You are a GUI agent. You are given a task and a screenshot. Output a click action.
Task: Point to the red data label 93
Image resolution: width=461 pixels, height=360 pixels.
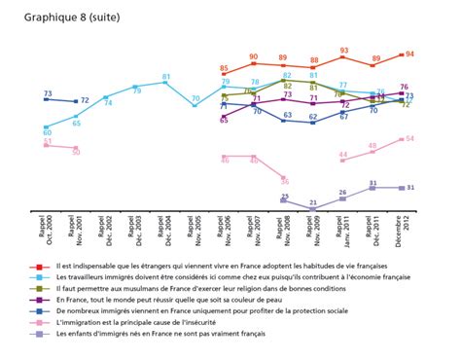tap(344, 50)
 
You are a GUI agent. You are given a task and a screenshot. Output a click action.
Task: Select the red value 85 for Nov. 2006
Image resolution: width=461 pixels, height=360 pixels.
tap(224, 69)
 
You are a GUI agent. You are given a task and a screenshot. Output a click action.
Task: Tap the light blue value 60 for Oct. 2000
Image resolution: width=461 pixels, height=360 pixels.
tap(47, 132)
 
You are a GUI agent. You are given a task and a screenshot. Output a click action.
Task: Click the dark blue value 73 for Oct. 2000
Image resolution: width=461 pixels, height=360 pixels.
tap(47, 94)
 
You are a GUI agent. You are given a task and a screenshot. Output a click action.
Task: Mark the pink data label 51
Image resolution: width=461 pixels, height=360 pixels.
tap(47, 143)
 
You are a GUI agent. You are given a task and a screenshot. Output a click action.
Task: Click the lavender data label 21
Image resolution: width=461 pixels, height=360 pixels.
tap(313, 203)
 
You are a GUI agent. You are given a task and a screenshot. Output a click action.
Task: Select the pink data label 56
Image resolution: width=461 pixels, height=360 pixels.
tap(284, 179)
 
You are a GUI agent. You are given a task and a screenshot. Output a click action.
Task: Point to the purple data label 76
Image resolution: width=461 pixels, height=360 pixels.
tap(405, 88)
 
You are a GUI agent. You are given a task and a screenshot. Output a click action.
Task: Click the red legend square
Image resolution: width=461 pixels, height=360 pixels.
tap(36, 265)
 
